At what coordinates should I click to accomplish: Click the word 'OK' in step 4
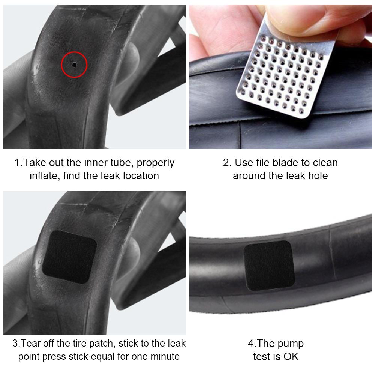tap(291, 356)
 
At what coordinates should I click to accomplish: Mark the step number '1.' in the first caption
tap(19, 163)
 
